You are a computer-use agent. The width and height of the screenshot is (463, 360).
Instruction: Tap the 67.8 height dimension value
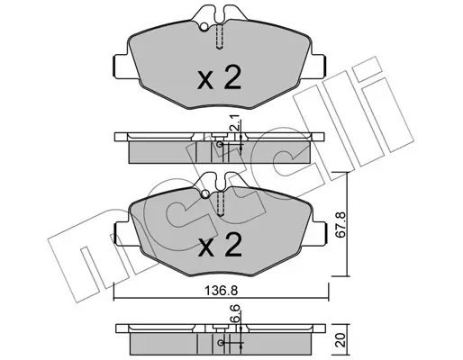click(x=341, y=224)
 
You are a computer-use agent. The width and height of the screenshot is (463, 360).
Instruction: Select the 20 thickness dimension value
click(x=341, y=340)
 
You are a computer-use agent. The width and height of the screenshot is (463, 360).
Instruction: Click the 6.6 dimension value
click(x=235, y=313)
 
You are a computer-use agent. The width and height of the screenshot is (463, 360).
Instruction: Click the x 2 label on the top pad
click(x=219, y=77)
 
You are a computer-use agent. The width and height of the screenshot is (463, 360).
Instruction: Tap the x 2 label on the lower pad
click(x=220, y=245)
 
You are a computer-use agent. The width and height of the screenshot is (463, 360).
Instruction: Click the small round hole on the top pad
click(x=204, y=27)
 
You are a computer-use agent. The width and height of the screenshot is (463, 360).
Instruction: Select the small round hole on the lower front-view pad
click(x=205, y=193)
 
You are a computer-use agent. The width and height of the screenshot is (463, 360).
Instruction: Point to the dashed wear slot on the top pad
click(x=220, y=37)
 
